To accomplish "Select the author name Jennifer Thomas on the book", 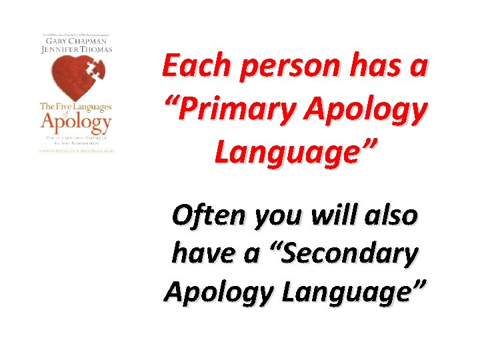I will [x=75, y=49].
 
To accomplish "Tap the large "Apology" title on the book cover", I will [x=75, y=123].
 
